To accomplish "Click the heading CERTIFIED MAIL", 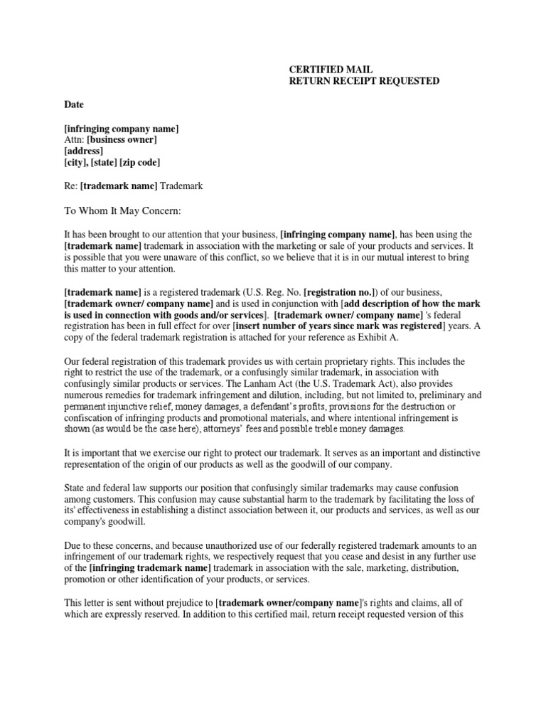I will pyautogui.click(x=330, y=69).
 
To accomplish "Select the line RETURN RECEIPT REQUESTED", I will pyautogui.click(x=363, y=81).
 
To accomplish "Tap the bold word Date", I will pyautogui.click(x=74, y=105).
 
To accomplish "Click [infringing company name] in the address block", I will pyautogui.click(x=121, y=128).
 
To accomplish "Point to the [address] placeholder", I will pyautogui.click(x=83, y=151).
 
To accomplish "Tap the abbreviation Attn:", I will pyautogui.click(x=74, y=139).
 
